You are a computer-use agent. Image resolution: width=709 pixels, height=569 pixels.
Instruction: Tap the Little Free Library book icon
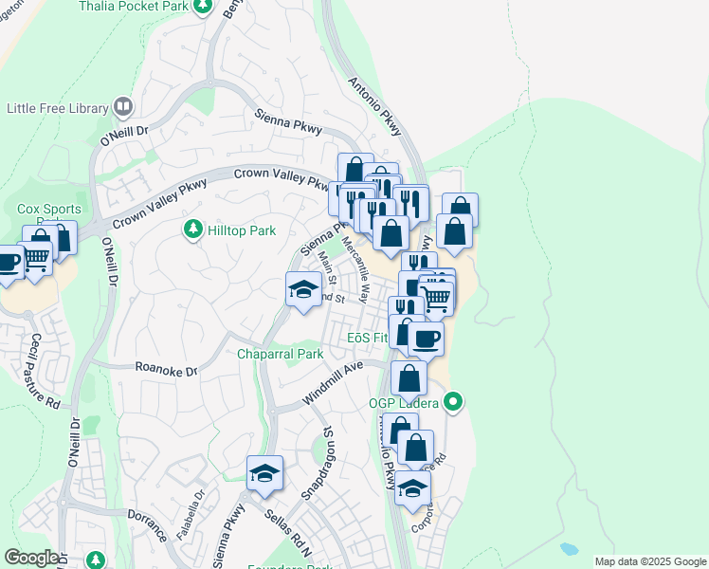pyautogui.click(x=122, y=108)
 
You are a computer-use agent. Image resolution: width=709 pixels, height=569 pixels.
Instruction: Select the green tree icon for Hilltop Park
pyautogui.click(x=192, y=230)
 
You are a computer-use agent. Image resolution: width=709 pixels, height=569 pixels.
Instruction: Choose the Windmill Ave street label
pyautogui.click(x=334, y=383)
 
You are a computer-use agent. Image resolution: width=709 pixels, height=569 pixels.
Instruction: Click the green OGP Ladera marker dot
pyautogui.click(x=453, y=402)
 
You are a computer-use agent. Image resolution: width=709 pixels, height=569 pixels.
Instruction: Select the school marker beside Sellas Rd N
pyautogui.click(x=264, y=473)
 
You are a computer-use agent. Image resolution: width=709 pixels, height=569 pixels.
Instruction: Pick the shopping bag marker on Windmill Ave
pyautogui.click(x=409, y=377)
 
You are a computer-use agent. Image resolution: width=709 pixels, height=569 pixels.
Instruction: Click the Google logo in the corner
pyautogui.click(x=31, y=557)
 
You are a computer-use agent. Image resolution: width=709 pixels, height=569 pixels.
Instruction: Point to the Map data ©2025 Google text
pyautogui.click(x=649, y=561)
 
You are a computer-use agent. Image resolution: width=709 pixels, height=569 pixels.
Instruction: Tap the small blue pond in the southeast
pyautogui.click(x=569, y=549)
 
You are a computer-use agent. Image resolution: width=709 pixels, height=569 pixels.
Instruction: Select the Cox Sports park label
pyautogui.click(x=48, y=209)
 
